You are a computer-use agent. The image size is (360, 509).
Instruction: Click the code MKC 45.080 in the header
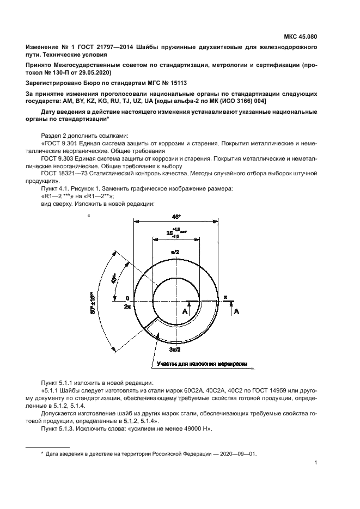pyautogui.click(x=300, y=37)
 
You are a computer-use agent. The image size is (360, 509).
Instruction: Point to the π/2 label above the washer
pyautogui.click(x=175, y=253)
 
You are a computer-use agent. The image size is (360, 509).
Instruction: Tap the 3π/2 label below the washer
pyautogui.click(x=176, y=349)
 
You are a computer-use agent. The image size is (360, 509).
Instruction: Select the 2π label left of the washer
pyautogui.click(x=127, y=307)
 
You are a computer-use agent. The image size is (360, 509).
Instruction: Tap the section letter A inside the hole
pyautogui.click(x=185, y=311)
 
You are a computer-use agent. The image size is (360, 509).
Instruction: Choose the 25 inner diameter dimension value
pyautogui.click(x=169, y=233)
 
